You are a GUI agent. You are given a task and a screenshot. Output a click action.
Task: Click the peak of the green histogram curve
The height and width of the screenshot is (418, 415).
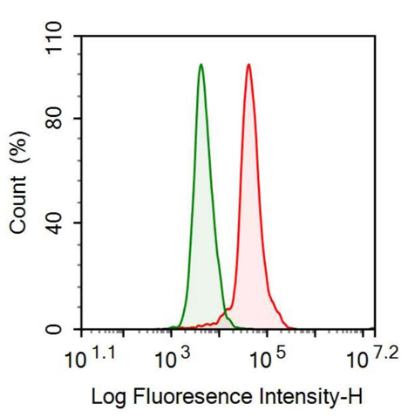[x=201, y=65]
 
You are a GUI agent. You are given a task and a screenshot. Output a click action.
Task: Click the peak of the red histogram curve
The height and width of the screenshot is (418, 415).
[x=248, y=65]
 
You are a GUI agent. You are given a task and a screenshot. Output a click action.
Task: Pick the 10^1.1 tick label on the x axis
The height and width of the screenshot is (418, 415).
[x=89, y=358]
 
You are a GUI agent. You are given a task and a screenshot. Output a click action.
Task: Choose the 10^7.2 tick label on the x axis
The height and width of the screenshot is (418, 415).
[x=368, y=358]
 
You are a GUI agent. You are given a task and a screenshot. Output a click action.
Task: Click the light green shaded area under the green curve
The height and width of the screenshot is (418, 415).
[x=201, y=218]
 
